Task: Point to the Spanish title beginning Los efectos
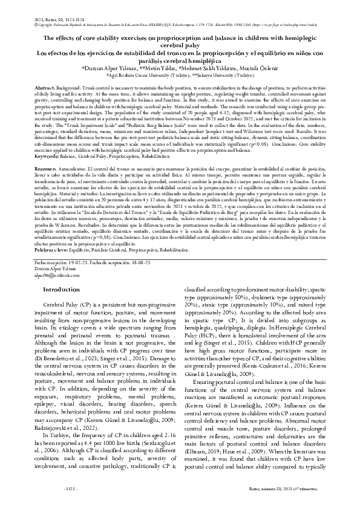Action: (180, 57)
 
